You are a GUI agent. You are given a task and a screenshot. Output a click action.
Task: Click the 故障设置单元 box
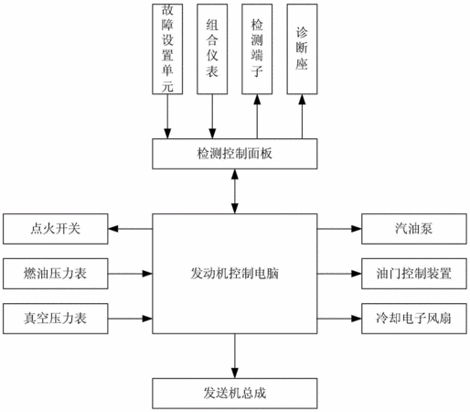click(x=167, y=49)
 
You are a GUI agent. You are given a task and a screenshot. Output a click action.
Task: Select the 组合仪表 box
click(x=212, y=49)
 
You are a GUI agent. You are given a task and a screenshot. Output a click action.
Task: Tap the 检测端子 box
click(x=257, y=49)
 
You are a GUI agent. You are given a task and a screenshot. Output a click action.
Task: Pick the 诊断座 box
click(x=302, y=49)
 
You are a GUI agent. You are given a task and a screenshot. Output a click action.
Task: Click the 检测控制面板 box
click(x=235, y=154)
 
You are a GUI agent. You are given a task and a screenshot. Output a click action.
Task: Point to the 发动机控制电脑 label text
click(x=235, y=274)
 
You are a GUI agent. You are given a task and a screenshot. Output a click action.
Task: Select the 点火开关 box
click(x=56, y=229)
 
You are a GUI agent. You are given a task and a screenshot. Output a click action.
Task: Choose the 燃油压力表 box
click(x=56, y=274)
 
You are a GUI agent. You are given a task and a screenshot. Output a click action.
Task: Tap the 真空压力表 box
click(x=56, y=319)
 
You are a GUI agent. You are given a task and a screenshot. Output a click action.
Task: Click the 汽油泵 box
click(x=414, y=229)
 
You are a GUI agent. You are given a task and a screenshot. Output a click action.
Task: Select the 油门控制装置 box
click(x=414, y=274)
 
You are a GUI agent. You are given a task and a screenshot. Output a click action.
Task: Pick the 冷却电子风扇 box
click(x=414, y=319)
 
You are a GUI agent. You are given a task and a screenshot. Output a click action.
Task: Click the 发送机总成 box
click(x=235, y=394)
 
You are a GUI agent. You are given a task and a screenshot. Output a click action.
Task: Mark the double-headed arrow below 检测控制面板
click(x=235, y=191)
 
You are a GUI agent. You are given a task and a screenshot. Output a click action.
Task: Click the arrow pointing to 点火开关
click(x=130, y=229)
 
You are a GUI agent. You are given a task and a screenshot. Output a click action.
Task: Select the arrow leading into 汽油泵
click(x=339, y=229)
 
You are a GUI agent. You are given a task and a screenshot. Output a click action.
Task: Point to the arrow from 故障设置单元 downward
click(x=167, y=116)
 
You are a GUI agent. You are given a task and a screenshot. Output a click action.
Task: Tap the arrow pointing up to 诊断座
click(x=302, y=116)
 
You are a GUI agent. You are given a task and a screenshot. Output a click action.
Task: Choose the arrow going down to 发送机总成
click(x=235, y=356)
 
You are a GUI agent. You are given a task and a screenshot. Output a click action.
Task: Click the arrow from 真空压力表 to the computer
click(x=130, y=319)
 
